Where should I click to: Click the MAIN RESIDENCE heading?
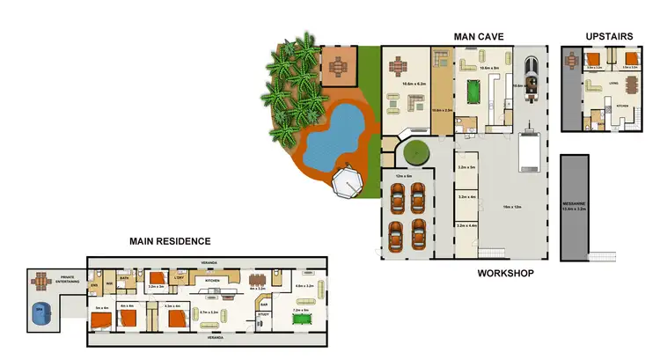point(170,240)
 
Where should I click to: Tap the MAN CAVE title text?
point(478,37)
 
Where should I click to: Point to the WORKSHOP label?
point(505,274)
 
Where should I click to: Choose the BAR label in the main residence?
point(263,305)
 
